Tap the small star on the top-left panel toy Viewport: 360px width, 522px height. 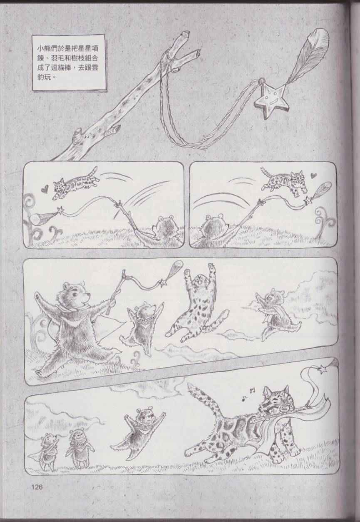point(61,210)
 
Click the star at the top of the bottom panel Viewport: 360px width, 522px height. point(323,369)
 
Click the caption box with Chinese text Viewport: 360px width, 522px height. point(68,63)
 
